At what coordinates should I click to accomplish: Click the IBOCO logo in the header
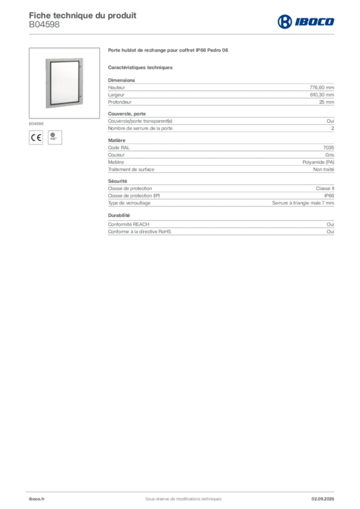(x=306, y=22)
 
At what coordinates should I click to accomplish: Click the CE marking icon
(x=36, y=138)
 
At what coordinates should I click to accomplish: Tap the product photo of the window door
(x=64, y=83)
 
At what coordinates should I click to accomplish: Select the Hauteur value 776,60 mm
(x=322, y=87)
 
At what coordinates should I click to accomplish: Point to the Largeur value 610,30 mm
(x=322, y=95)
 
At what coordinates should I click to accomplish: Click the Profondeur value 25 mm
(x=326, y=102)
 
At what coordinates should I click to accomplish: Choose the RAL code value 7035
(x=329, y=148)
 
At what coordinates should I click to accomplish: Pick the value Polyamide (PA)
(x=318, y=163)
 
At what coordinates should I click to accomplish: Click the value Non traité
(x=323, y=170)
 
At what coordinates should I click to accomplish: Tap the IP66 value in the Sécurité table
(x=329, y=196)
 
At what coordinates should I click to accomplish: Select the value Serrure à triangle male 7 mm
(x=303, y=203)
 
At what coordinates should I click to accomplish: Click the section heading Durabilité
(x=119, y=215)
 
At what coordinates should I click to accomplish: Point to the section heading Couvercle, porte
(x=127, y=114)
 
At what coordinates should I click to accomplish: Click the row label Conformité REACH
(x=129, y=224)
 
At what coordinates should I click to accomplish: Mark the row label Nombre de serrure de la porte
(x=140, y=128)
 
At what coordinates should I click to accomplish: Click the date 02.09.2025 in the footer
(x=323, y=499)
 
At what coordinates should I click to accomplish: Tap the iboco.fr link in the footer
(x=37, y=499)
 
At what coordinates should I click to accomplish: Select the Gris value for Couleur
(x=330, y=155)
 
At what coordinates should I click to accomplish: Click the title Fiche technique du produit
(x=83, y=15)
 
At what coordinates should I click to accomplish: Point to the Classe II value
(x=325, y=188)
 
